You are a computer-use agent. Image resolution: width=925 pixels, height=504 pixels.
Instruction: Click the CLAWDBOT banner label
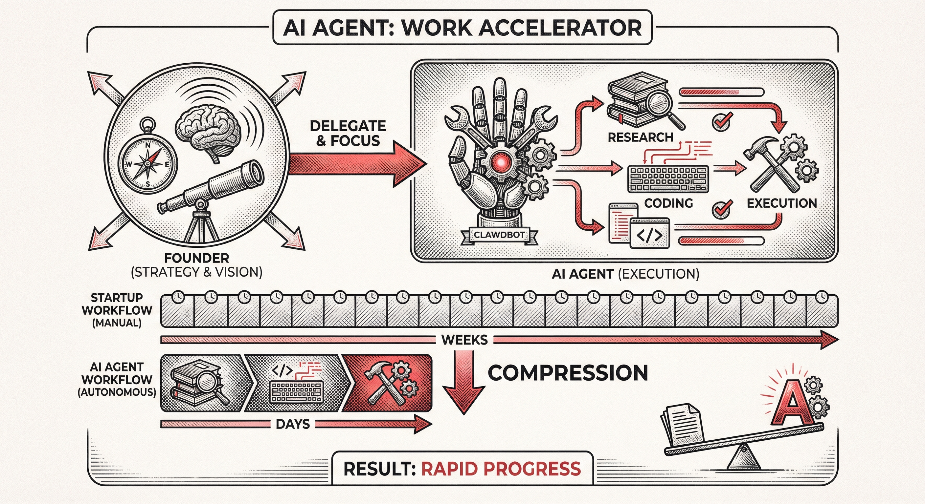point(499,235)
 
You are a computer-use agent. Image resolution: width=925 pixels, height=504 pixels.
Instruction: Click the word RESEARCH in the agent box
point(641,137)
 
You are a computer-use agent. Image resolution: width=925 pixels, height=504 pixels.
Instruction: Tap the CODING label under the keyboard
point(668,203)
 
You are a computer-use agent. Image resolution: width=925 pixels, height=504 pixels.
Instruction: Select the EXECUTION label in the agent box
point(782,203)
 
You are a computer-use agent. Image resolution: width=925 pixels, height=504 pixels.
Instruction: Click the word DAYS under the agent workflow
point(293,424)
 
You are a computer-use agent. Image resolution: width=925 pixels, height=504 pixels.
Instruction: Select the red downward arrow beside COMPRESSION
point(463,382)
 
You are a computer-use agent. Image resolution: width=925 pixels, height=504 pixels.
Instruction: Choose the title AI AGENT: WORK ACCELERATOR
point(462,28)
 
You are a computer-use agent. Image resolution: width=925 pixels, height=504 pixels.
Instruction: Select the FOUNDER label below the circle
point(197,258)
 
